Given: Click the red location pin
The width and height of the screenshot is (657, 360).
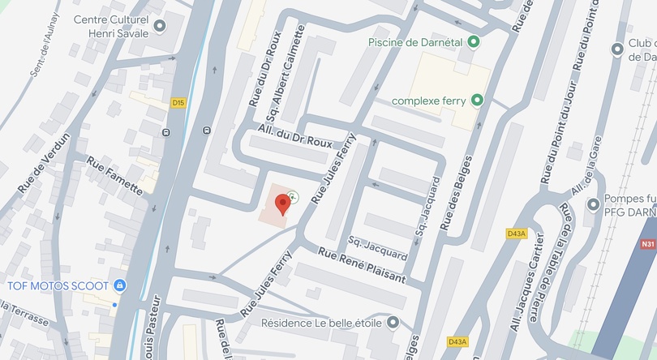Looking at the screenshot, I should click(x=282, y=203).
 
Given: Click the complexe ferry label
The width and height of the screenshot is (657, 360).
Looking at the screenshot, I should click(x=430, y=101).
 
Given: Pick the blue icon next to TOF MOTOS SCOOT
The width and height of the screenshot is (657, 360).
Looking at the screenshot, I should click(x=119, y=285).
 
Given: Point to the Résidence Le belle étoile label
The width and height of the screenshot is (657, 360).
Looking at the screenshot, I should click(x=321, y=323).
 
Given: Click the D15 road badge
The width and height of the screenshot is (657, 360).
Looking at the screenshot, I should click(x=178, y=103).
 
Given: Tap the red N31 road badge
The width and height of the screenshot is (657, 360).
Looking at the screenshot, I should click(x=647, y=244).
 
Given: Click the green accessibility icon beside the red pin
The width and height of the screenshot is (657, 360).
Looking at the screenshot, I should click(x=293, y=195).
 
